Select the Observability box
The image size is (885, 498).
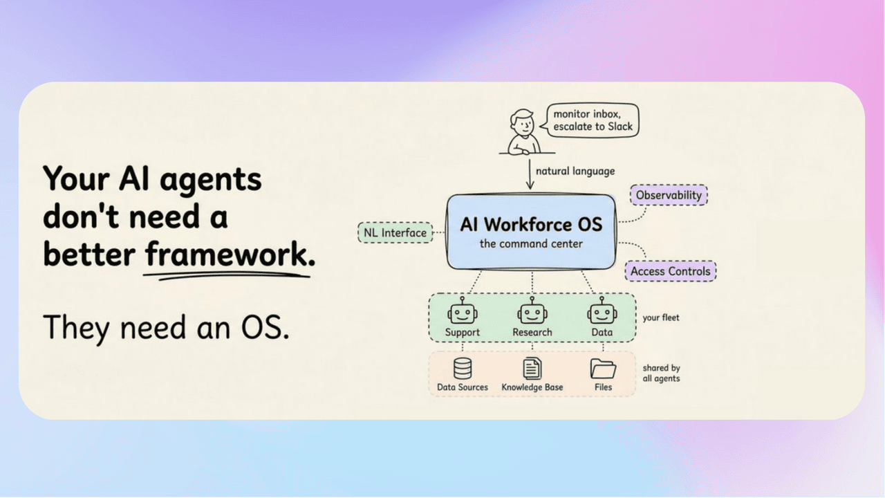(x=669, y=195)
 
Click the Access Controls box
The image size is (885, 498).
(x=670, y=271)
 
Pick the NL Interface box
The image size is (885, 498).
(x=395, y=233)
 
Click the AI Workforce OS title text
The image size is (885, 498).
(x=531, y=224)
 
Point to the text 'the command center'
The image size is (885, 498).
(x=531, y=243)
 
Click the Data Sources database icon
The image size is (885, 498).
(x=463, y=369)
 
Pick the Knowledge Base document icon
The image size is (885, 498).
(x=532, y=369)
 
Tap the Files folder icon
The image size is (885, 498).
(x=603, y=369)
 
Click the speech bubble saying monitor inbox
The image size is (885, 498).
(x=593, y=120)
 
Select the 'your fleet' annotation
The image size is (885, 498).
(x=661, y=317)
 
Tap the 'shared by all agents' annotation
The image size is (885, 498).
(x=661, y=373)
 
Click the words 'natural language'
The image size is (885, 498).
(x=575, y=171)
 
